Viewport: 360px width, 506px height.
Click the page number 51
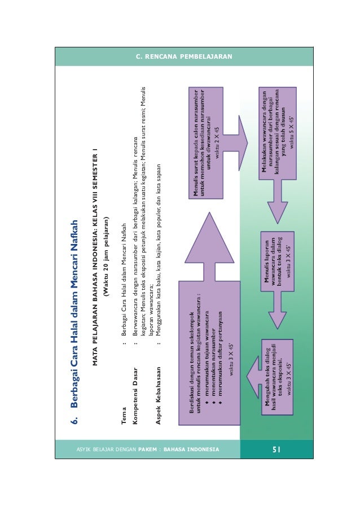(x=276, y=449)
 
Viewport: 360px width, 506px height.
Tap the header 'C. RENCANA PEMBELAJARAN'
(x=184, y=56)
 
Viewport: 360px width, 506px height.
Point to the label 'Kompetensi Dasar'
(x=135, y=396)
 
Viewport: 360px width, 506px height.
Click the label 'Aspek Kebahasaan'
(x=158, y=396)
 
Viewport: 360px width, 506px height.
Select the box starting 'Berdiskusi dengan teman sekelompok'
(x=209, y=353)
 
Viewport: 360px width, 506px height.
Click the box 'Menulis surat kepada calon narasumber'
(x=206, y=143)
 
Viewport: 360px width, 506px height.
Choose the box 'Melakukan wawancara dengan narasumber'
(x=278, y=133)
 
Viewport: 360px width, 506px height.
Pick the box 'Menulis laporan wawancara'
(x=278, y=261)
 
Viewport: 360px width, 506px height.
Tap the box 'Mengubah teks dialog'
(x=278, y=377)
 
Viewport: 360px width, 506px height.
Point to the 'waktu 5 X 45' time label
(x=292, y=132)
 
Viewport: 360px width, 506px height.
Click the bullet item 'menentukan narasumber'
(x=213, y=365)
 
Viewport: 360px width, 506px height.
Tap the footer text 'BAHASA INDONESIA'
(x=191, y=449)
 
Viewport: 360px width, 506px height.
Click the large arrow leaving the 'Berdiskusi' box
(x=209, y=247)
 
